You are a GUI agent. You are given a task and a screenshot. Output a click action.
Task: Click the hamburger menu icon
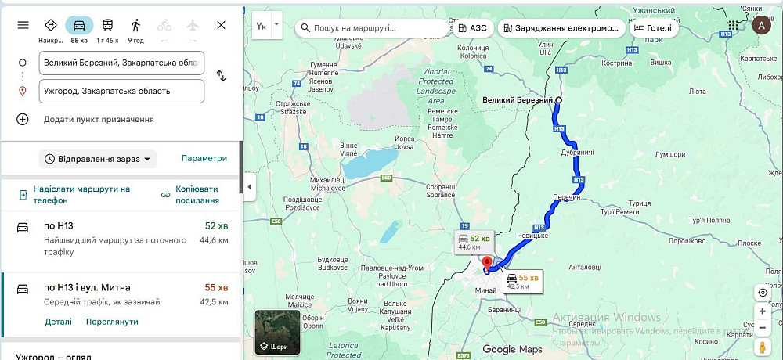tap(23, 25)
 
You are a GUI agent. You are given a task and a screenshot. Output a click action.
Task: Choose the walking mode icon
tap(136, 26)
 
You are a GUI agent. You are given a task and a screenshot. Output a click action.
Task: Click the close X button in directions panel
tap(221, 25)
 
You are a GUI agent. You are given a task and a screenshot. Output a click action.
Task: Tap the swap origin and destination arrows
tap(221, 76)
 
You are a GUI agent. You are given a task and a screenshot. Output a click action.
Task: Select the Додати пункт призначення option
tap(98, 119)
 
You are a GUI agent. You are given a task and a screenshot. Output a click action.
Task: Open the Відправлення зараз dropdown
tap(98, 159)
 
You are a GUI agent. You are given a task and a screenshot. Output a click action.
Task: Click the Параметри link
tap(204, 158)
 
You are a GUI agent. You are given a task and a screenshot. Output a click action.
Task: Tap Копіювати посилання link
tap(197, 194)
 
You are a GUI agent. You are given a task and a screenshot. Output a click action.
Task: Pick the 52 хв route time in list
tap(216, 227)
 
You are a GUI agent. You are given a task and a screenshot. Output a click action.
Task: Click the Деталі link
tap(58, 322)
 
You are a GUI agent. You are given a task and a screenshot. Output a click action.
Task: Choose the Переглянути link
tap(112, 322)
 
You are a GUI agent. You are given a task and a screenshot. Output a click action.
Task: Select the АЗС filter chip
tap(472, 28)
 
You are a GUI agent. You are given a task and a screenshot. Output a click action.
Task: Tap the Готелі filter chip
tap(653, 28)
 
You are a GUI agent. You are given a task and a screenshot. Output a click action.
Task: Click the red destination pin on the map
tap(487, 263)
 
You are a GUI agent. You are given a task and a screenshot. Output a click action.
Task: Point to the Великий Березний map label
tap(517, 100)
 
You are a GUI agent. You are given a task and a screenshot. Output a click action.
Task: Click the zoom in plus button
tap(763, 311)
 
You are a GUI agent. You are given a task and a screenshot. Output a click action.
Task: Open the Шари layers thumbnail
tap(278, 333)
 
